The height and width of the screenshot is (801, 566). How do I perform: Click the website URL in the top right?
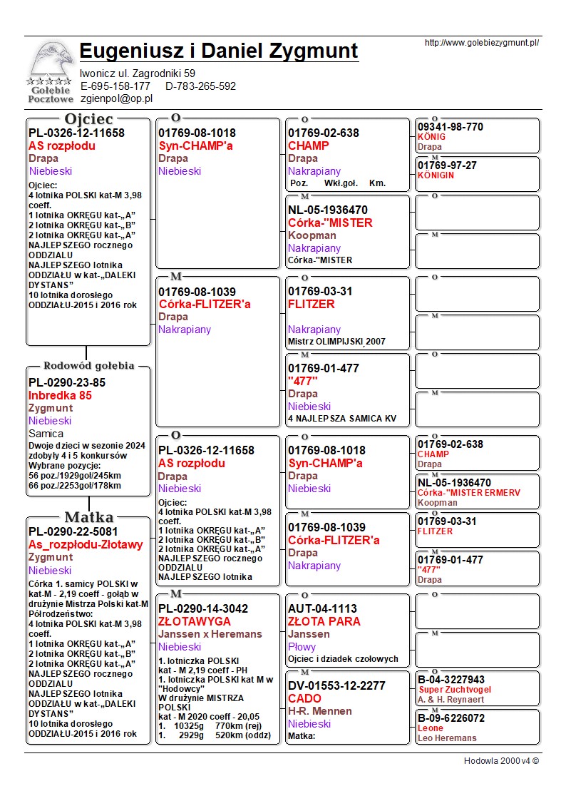point(481,43)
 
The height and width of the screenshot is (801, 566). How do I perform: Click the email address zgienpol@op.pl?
point(117,98)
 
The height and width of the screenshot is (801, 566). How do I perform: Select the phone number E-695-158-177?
point(115,86)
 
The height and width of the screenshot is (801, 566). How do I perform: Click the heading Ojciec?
point(88,118)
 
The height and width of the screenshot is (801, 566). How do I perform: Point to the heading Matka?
point(88,517)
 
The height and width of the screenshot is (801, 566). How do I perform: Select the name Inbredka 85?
point(60,395)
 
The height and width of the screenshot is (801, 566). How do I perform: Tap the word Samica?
point(46,434)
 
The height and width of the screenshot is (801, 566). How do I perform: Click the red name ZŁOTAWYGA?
point(195,621)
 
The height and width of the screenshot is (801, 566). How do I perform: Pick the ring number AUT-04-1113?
point(322,608)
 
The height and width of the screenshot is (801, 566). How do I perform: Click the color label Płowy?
point(303,647)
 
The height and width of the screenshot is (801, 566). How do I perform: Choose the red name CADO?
point(304,698)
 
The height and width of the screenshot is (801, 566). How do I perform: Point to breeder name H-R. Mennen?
point(319,711)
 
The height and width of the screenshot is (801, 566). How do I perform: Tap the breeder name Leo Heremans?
point(447,738)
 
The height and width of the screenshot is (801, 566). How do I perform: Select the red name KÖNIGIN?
point(436,175)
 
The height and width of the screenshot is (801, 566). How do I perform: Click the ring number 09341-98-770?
point(450,127)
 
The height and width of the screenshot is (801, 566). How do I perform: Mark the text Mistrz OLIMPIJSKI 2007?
point(336,342)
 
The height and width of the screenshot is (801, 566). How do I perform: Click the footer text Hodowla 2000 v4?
point(501,760)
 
